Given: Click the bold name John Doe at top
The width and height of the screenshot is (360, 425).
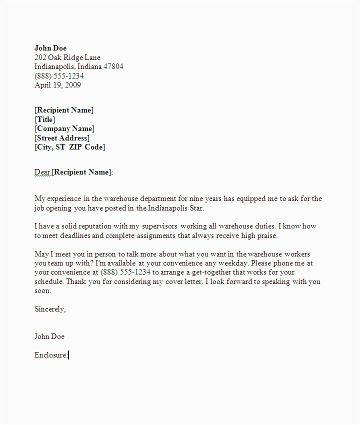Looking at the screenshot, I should coord(50,48).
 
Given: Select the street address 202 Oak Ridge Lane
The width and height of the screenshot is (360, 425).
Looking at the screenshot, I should coord(67,57).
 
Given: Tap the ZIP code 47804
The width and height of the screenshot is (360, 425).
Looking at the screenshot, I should coord(113,66).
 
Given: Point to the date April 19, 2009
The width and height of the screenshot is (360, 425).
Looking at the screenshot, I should coord(57,85).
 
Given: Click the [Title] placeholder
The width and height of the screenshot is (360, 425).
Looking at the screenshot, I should coord(45,119).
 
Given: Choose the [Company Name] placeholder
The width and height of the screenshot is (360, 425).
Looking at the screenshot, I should coord(64,128).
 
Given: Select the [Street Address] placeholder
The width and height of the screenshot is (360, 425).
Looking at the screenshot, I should coord(62,138).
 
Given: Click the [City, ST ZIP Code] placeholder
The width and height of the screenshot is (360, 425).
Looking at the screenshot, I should coord(69,147).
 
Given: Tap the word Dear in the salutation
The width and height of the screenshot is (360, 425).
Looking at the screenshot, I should coord(42,172).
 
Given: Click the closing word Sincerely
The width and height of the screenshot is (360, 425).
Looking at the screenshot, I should coord(49,309).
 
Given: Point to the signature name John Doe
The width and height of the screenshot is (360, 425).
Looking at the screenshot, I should coord(49,336).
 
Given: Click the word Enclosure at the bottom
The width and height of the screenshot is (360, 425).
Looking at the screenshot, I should coord(50,355).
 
